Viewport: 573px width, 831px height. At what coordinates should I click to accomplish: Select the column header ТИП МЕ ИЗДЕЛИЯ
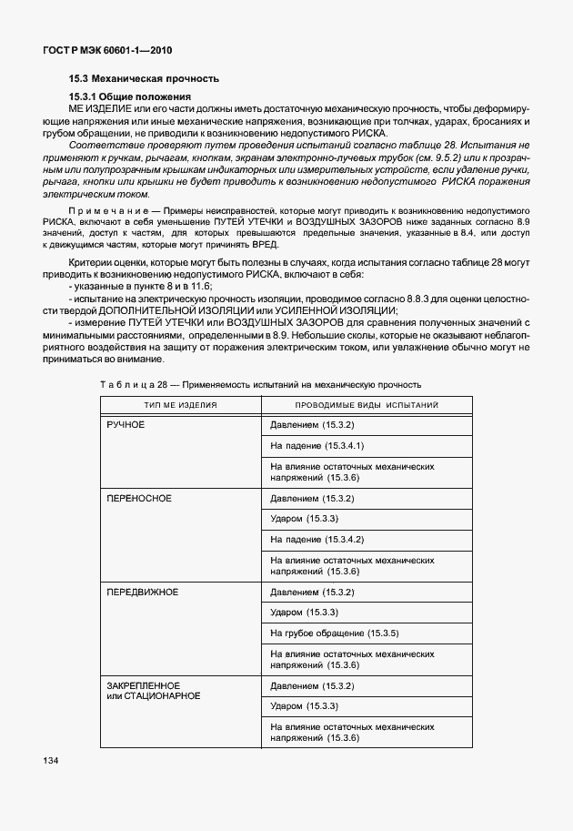pos(179,404)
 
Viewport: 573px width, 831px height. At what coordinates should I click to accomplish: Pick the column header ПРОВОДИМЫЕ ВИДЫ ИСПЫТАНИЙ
pos(367,404)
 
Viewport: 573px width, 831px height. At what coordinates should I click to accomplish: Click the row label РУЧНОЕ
pos(126,425)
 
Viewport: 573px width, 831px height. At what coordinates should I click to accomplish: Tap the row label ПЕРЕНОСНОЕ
pos(139,499)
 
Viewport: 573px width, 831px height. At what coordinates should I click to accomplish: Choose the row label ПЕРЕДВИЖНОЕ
pos(142,593)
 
